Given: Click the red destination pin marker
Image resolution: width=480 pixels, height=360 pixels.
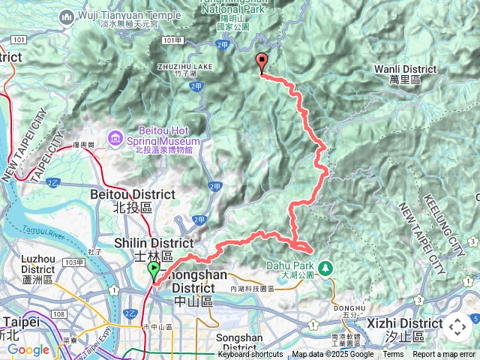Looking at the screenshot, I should [261, 63].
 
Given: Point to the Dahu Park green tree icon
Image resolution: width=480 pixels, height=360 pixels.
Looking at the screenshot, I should [325, 267].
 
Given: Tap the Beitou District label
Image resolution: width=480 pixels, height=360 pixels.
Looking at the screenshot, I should [132, 199].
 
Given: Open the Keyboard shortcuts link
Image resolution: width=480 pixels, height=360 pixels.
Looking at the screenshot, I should [250, 355].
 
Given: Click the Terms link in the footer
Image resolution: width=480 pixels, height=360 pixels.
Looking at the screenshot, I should [393, 355].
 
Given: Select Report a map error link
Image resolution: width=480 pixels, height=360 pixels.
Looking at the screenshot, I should [445, 355].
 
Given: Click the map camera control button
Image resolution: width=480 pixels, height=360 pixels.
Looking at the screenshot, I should [457, 327].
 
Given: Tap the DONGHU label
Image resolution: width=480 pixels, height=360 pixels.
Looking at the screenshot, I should [349, 307].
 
